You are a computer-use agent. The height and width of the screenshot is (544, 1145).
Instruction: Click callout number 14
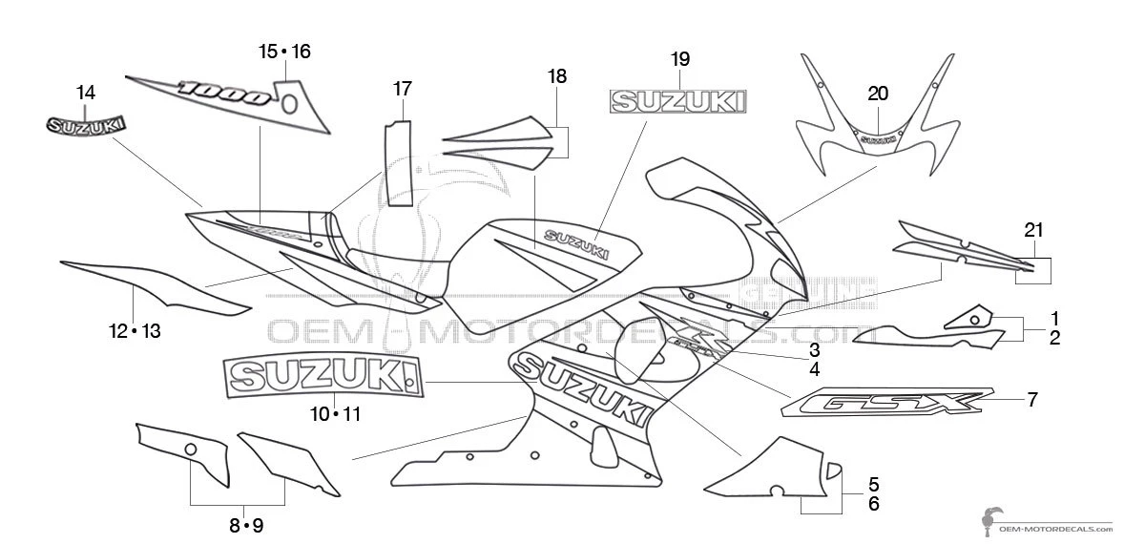point(86,93)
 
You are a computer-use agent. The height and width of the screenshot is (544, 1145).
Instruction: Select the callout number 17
point(403,89)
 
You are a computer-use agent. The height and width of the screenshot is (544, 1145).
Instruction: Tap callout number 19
point(679,59)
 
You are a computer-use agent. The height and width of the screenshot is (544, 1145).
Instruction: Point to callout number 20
point(878,93)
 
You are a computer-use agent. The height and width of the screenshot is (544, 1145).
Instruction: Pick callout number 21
point(1033,229)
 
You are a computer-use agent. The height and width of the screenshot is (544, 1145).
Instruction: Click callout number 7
point(1032,400)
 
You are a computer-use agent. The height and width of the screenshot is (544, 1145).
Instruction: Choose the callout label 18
point(557,76)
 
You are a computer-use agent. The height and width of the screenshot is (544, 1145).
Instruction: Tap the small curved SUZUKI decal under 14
point(86,125)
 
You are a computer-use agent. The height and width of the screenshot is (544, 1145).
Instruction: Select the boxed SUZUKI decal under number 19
point(679,99)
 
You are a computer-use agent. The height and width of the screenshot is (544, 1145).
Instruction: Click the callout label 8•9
point(245,525)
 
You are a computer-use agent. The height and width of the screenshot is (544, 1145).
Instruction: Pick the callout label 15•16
point(284,51)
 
